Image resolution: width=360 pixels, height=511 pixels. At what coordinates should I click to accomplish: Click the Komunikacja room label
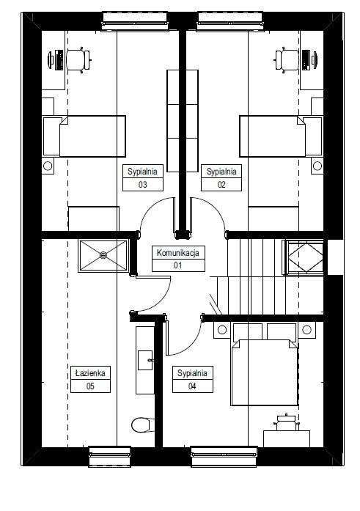click(x=178, y=253)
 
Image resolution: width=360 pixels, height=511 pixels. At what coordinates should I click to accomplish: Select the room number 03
click(x=143, y=185)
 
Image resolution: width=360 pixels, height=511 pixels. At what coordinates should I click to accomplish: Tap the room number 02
click(x=221, y=185)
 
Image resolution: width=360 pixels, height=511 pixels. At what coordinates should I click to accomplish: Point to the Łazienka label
click(x=90, y=373)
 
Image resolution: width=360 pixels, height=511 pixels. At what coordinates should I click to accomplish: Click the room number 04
click(x=192, y=386)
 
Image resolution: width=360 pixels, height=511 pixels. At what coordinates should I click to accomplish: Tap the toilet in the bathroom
click(x=143, y=424)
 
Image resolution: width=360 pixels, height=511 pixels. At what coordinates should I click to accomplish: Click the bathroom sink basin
click(x=145, y=360)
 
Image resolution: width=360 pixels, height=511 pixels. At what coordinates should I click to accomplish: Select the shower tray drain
click(x=103, y=255)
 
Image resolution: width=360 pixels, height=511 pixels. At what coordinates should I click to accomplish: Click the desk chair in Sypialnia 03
click(x=78, y=60)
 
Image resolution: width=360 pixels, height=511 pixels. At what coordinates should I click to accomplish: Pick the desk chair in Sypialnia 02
click(x=287, y=60)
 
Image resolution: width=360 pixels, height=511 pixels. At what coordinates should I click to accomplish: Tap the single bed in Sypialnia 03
click(x=84, y=136)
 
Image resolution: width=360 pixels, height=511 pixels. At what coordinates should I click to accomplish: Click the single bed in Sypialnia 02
click(x=281, y=136)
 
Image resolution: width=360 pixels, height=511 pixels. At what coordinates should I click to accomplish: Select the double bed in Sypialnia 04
click(x=264, y=372)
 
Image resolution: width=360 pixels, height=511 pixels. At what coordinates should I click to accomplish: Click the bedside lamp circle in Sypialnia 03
click(x=48, y=166)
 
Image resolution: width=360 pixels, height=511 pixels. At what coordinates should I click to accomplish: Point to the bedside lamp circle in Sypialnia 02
click(x=317, y=166)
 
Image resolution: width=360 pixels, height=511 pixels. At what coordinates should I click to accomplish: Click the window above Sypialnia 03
click(x=135, y=21)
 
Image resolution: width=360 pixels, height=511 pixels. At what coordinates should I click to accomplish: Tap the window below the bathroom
click(x=109, y=457)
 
